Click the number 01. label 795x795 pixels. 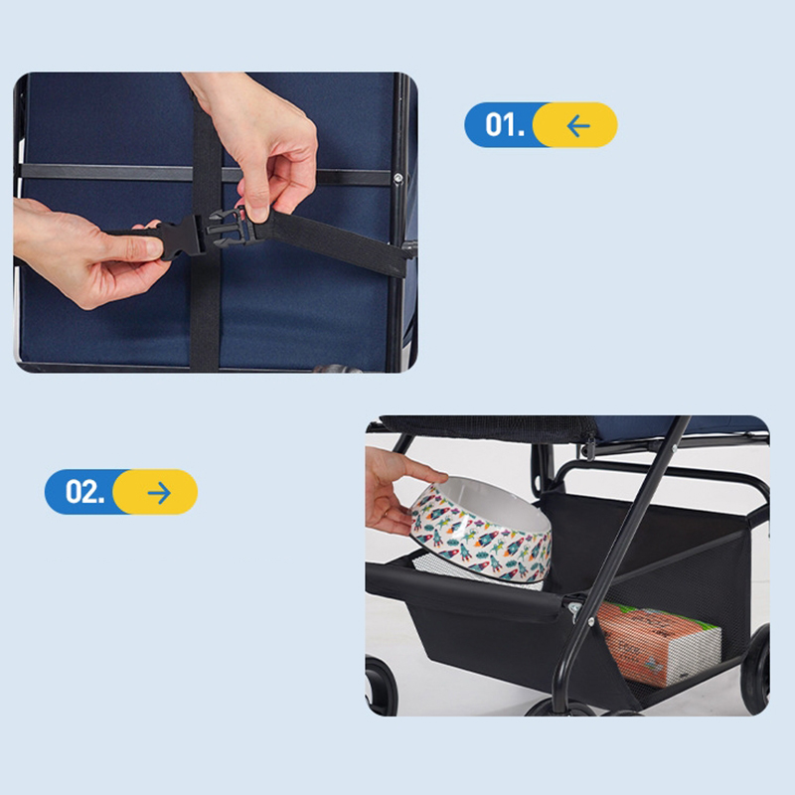(505, 125)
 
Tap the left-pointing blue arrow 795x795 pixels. (578, 126)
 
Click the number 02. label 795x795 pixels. (84, 491)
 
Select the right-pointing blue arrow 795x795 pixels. (159, 492)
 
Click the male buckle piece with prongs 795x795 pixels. (232, 228)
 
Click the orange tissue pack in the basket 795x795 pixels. (659, 642)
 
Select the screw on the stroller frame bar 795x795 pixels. (398, 178)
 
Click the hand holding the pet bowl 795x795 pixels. (396, 488)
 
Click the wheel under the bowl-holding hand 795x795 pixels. (382, 687)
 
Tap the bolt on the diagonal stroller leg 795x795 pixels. (590, 621)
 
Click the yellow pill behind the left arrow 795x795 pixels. (575, 125)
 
